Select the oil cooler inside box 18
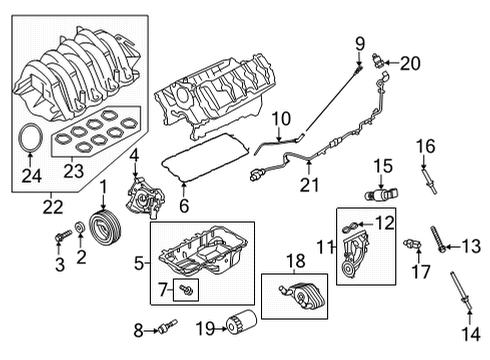click(x=295, y=298)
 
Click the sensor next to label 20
click(x=378, y=61)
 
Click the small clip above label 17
click(x=412, y=243)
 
